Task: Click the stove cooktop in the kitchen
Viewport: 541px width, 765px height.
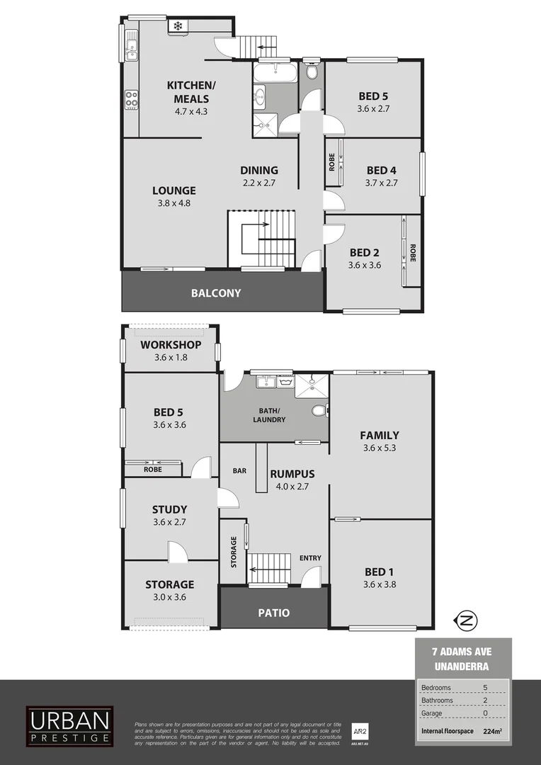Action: coord(131,100)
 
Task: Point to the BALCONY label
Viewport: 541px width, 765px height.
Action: coord(216,293)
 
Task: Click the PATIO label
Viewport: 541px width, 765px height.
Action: coord(273,613)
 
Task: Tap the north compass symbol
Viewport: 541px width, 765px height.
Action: coord(467,620)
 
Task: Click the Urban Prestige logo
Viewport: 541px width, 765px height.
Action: coord(69,725)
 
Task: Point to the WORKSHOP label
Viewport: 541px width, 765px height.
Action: coord(171,345)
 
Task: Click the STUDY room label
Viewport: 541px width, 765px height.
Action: coord(170,509)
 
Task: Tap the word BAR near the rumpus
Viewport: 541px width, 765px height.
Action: coord(239,470)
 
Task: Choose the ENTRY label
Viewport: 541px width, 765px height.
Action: coord(310,558)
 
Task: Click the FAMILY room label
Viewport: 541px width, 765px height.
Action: coord(380,435)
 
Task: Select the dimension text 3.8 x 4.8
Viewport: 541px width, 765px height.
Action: coord(173,203)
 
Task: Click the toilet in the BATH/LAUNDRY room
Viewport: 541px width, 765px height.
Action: coord(319,411)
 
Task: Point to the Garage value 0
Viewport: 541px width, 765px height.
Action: coord(485,713)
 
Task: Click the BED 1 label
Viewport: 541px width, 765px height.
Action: coord(379,572)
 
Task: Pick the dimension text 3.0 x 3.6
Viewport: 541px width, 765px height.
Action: coord(169,597)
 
